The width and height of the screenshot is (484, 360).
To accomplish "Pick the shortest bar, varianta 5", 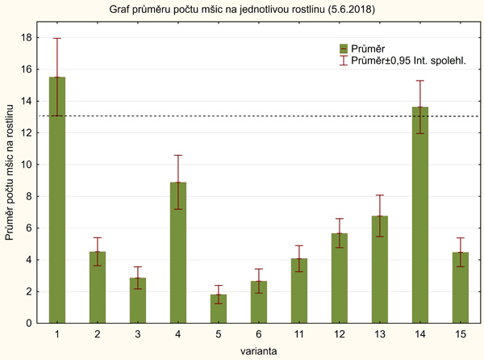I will [219, 308].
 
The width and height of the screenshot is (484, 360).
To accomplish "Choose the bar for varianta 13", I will [380, 270].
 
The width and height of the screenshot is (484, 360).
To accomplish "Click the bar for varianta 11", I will [299, 291].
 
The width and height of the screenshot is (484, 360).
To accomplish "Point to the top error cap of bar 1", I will [57, 38].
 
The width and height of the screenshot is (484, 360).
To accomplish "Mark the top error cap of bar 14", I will [420, 81].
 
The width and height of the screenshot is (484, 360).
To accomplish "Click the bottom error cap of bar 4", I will [178, 209].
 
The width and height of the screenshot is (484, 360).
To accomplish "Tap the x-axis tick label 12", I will [340, 333].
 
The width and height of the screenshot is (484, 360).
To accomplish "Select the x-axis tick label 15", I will [461, 333].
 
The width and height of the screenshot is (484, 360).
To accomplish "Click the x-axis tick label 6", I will [259, 333].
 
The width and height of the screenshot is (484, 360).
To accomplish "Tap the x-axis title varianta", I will [258, 350].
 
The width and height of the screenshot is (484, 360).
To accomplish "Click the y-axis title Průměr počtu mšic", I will [10, 179].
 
